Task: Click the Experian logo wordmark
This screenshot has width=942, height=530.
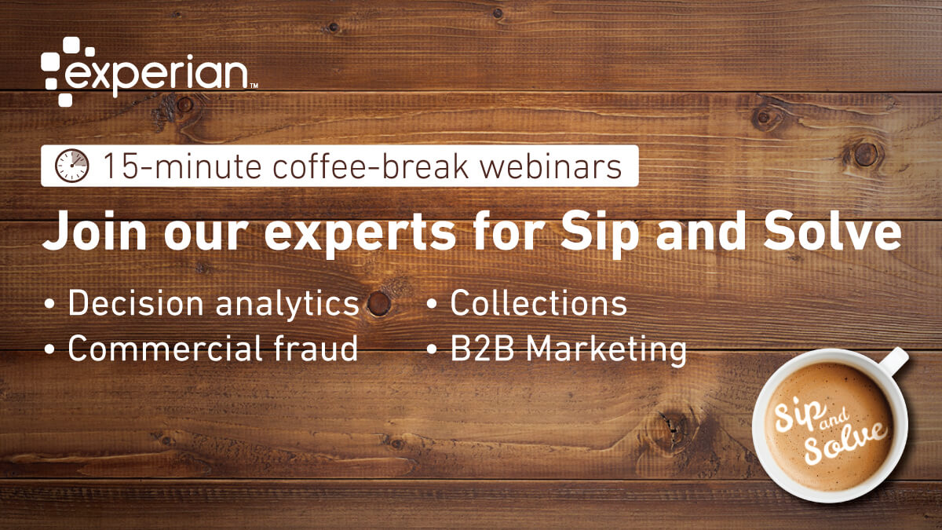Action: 157,75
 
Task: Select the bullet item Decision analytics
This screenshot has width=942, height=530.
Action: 213,304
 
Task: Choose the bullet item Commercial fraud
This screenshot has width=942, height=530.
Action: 213,349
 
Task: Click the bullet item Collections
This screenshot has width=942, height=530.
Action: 538,304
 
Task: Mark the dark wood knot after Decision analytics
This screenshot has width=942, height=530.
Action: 380,302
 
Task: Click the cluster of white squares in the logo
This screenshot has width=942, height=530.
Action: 59,71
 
